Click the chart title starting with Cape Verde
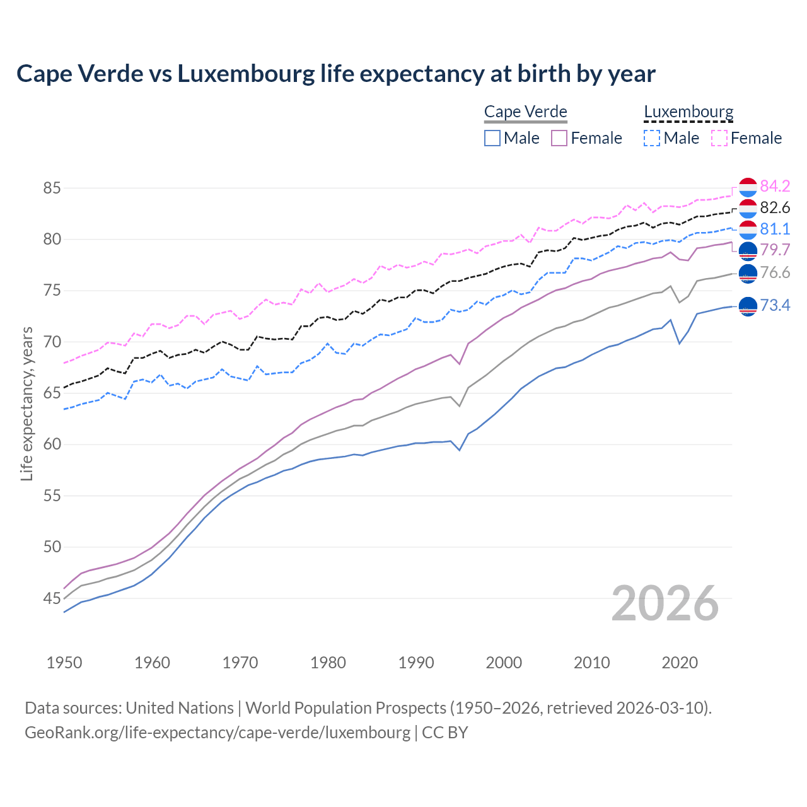pyautogui.click(x=335, y=74)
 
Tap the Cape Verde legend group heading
pyautogui.click(x=525, y=112)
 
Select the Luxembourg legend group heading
pyautogui.click(x=688, y=112)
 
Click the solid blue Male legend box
pyautogui.click(x=492, y=138)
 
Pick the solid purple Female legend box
pyautogui.click(x=559, y=138)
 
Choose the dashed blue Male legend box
pyautogui.click(x=652, y=138)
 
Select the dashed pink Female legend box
pyautogui.click(x=719, y=138)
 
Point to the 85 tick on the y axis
pyautogui.click(x=52, y=188)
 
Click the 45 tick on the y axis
pyautogui.click(x=52, y=598)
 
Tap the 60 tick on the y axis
pyautogui.click(x=52, y=444)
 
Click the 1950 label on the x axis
pyautogui.click(x=64, y=663)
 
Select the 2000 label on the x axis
pyautogui.click(x=504, y=663)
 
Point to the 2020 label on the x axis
pyautogui.click(x=680, y=663)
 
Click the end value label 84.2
pyautogui.click(x=775, y=186)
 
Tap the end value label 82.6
pyautogui.click(x=775, y=207)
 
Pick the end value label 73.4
pyautogui.click(x=775, y=306)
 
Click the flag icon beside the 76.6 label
pyautogui.click(x=748, y=273)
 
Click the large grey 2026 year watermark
pyautogui.click(x=665, y=603)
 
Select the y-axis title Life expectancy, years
pyautogui.click(x=26, y=403)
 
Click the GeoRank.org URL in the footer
pyautogui.click(x=218, y=733)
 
